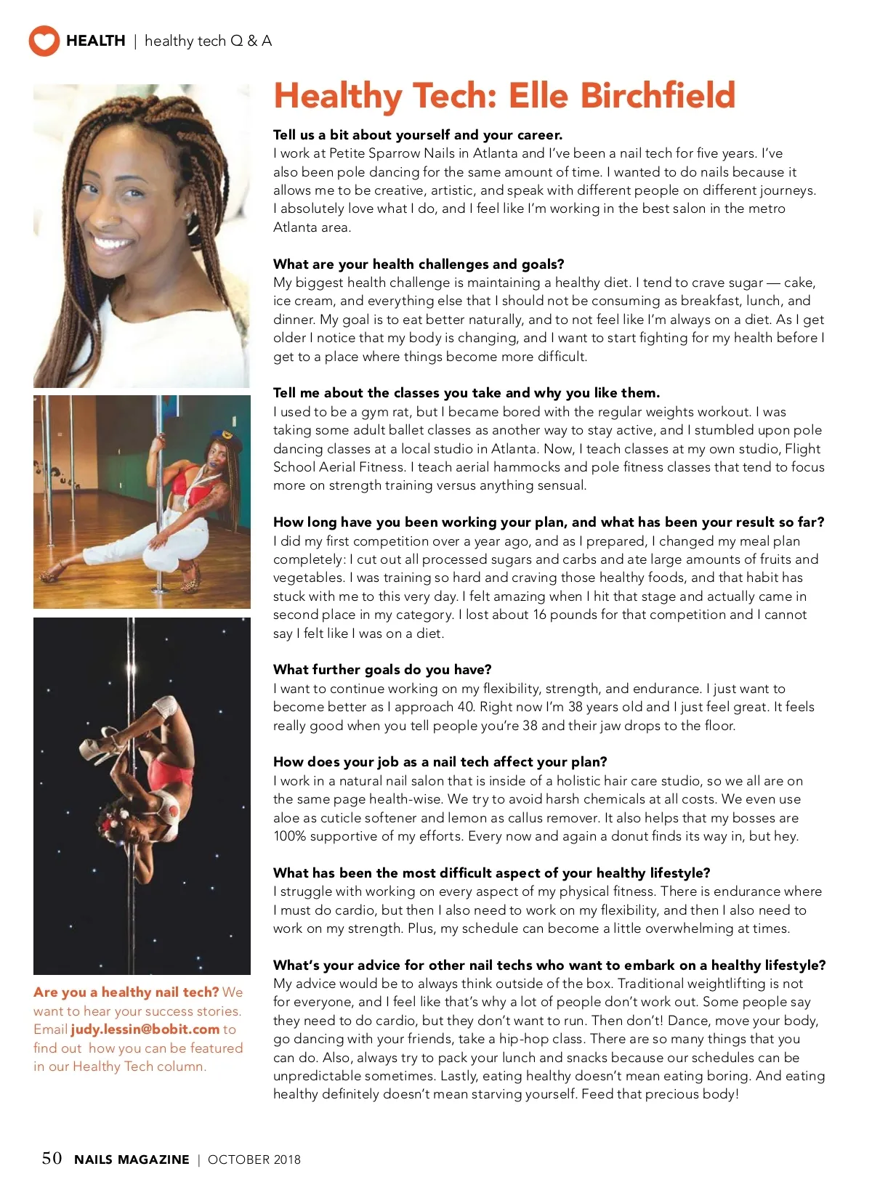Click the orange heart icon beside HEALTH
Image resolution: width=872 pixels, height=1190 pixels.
point(44,41)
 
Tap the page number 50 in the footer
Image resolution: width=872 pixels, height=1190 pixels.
point(52,1158)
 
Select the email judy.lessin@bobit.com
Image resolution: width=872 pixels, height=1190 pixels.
point(145,1029)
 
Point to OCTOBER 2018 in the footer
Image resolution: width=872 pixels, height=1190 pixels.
point(254,1159)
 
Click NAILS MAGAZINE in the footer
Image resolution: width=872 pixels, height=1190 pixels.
point(132,1159)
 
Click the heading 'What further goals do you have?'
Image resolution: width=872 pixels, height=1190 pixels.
point(382,669)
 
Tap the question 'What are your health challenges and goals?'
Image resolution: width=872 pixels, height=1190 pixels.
point(419,264)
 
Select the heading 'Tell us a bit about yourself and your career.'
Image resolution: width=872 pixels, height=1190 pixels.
point(418,134)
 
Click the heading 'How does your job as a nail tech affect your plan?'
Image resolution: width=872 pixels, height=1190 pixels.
point(440,761)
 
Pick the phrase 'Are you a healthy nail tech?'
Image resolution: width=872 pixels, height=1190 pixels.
point(126,992)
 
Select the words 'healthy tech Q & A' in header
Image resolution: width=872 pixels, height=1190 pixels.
point(208,41)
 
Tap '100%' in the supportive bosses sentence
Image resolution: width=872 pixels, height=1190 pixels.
point(289,836)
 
